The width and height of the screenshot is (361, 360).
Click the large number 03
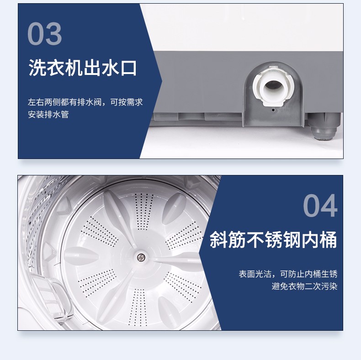[x=45, y=34]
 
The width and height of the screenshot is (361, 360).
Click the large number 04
[x=320, y=205]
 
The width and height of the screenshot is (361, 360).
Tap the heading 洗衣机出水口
[x=83, y=68]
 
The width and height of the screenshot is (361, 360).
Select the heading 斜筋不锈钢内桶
[x=273, y=239]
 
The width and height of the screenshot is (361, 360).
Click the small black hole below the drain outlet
[x=273, y=110]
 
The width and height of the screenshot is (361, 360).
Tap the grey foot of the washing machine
[x=324, y=127]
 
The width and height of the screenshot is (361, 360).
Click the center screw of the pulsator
[x=141, y=257]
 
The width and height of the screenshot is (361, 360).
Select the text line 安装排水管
[x=48, y=114]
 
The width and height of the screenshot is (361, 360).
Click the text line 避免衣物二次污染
[x=304, y=286]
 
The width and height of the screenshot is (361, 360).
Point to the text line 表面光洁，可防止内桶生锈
[x=288, y=274]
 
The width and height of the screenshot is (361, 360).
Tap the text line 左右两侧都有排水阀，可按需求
[x=85, y=102]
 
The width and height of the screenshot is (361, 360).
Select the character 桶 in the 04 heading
[x=329, y=239]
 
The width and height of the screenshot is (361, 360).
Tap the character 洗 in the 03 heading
[x=37, y=68]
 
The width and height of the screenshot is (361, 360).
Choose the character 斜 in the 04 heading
[x=218, y=239]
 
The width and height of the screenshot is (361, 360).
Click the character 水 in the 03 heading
[x=110, y=68]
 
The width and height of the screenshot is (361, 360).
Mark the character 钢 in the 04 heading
[x=292, y=239]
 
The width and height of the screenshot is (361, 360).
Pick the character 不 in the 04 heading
[x=255, y=239]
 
